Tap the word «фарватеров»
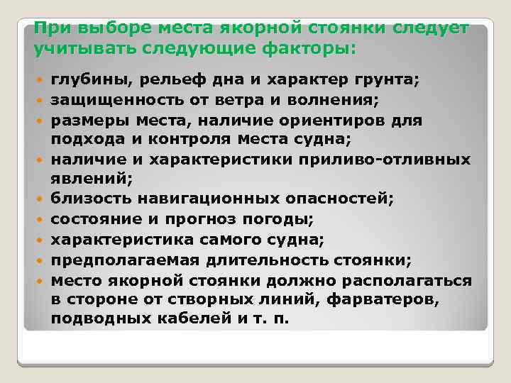(x=385, y=299)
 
